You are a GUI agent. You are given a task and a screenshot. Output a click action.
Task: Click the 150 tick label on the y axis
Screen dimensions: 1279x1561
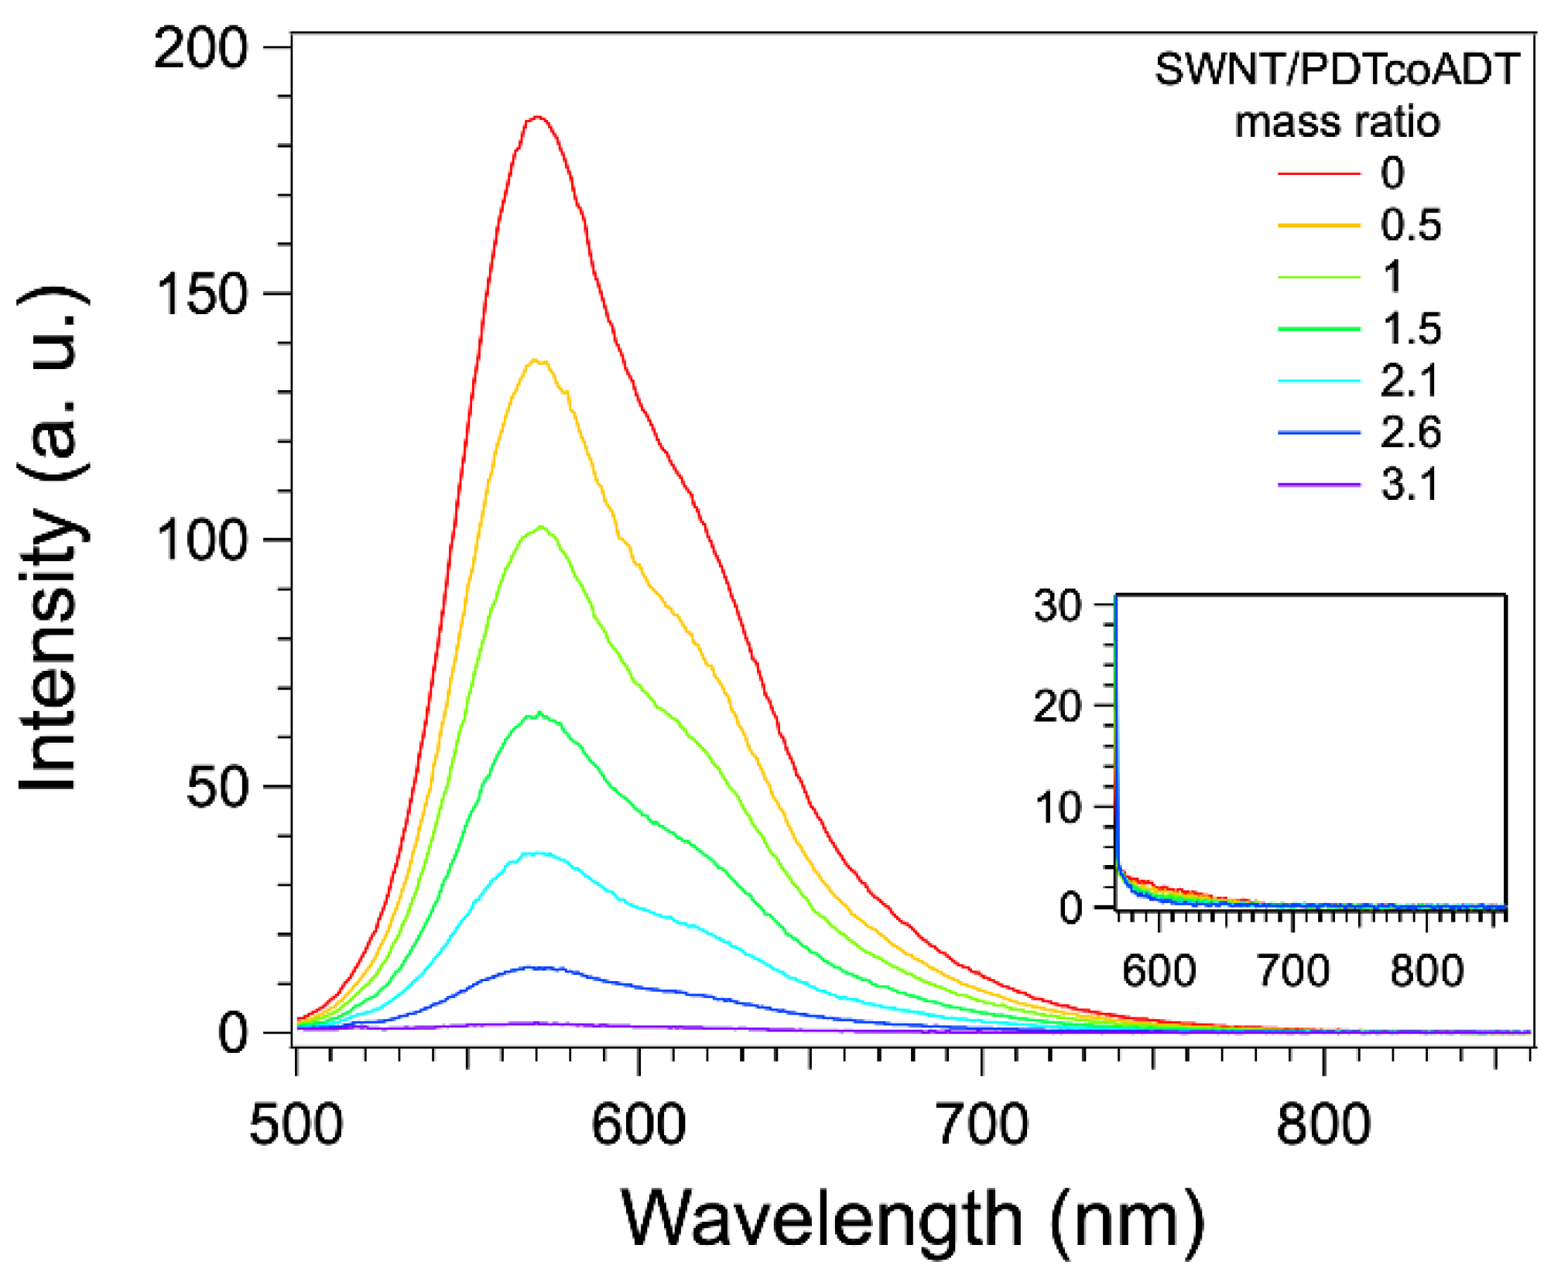(201, 294)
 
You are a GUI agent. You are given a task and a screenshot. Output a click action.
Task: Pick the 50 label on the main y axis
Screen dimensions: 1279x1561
(217, 788)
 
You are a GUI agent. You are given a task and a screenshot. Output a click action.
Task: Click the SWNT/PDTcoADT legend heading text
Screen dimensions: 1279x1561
(1337, 69)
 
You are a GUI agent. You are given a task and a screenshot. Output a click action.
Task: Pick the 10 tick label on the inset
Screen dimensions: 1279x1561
(1057, 807)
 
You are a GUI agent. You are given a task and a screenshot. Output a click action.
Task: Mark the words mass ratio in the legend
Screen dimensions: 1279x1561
(1337, 121)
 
